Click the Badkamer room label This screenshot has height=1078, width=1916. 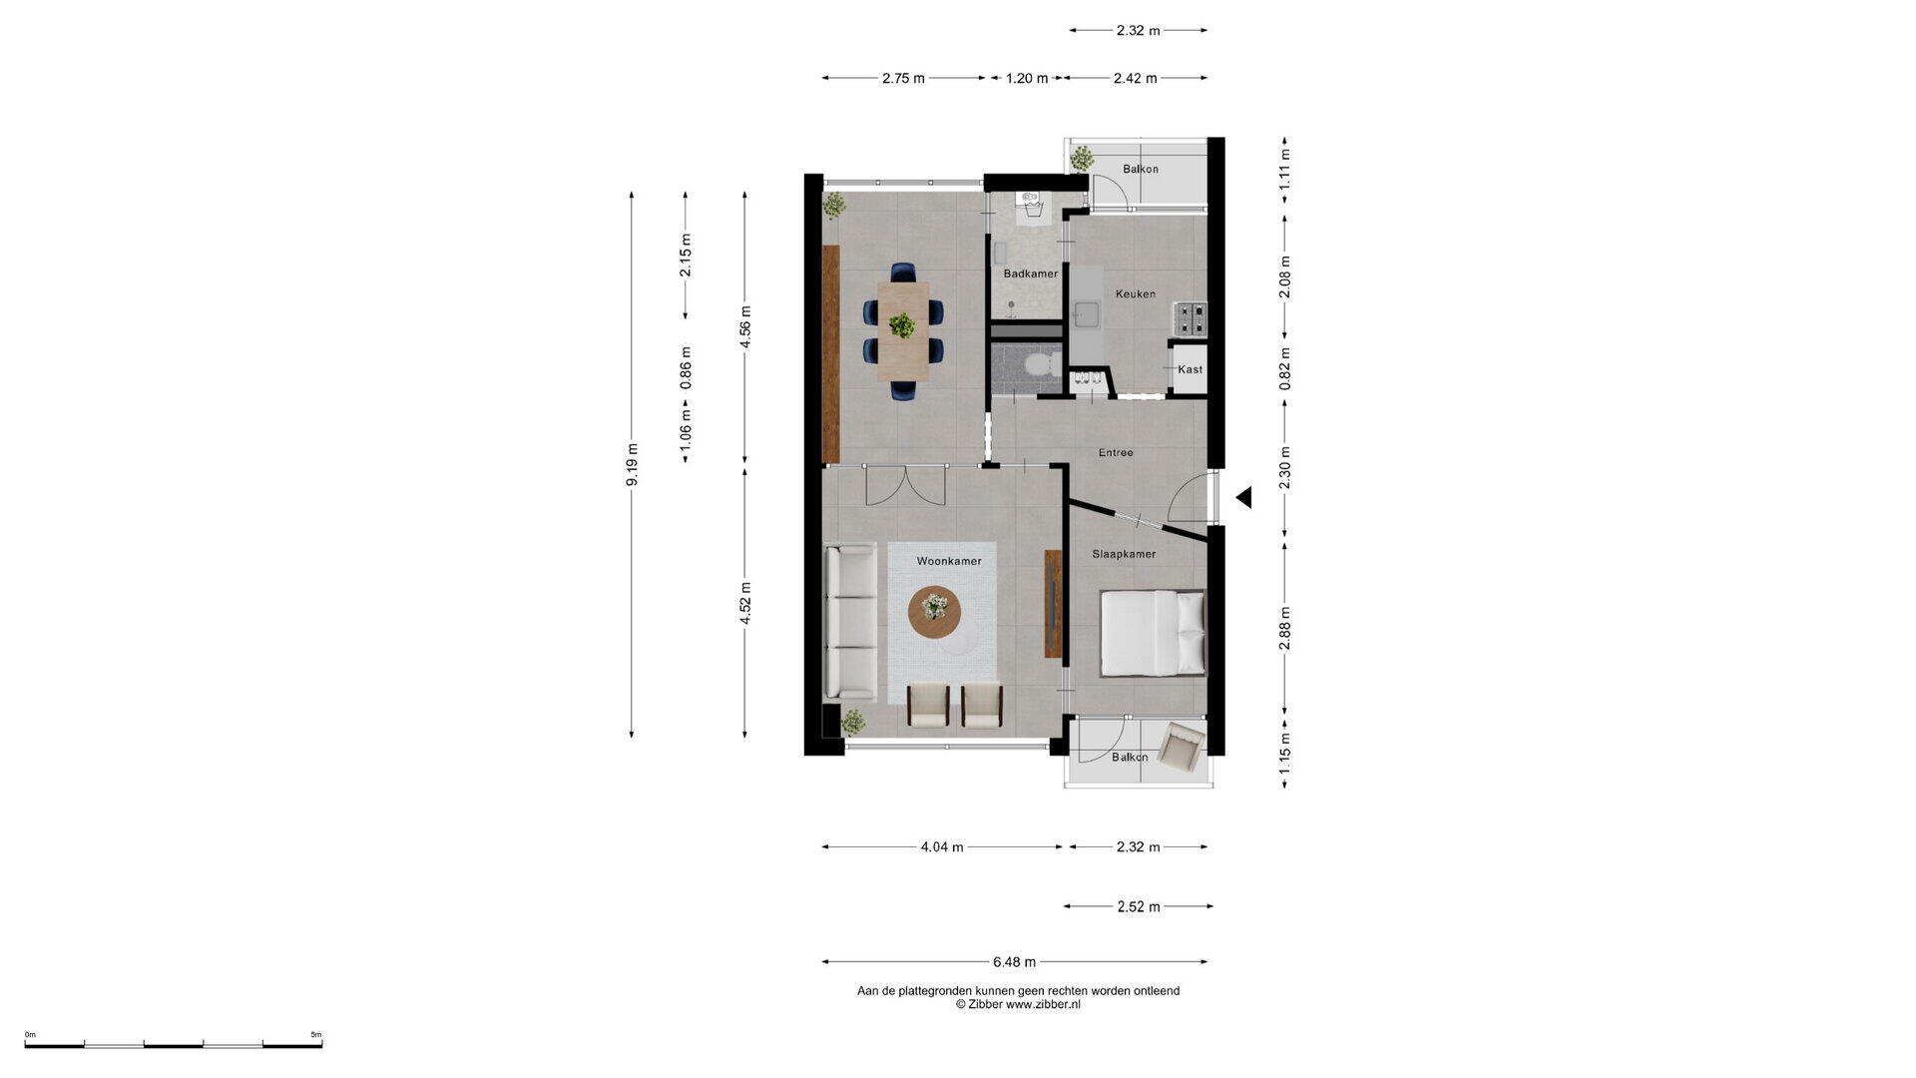click(1031, 273)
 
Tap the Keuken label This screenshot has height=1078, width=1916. click(1136, 293)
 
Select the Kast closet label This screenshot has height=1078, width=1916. click(1190, 369)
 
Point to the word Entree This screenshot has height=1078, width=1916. click(1116, 452)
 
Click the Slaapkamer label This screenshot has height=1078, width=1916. click(1124, 554)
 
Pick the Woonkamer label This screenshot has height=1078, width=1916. click(949, 561)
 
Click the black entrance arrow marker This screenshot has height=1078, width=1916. click(1243, 497)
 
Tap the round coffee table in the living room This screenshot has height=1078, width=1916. click(935, 611)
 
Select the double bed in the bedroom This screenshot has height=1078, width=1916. click(1153, 633)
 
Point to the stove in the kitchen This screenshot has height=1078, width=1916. click(1190, 318)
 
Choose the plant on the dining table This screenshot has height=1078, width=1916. click(902, 325)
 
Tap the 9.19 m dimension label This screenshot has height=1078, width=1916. click(632, 464)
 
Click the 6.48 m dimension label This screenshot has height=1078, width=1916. click(1014, 962)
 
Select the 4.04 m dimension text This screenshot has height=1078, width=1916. click(942, 847)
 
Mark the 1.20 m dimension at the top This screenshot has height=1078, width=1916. click(1027, 78)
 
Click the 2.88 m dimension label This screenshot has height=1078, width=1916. click(1285, 629)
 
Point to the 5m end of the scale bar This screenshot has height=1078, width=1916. click(321, 1045)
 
